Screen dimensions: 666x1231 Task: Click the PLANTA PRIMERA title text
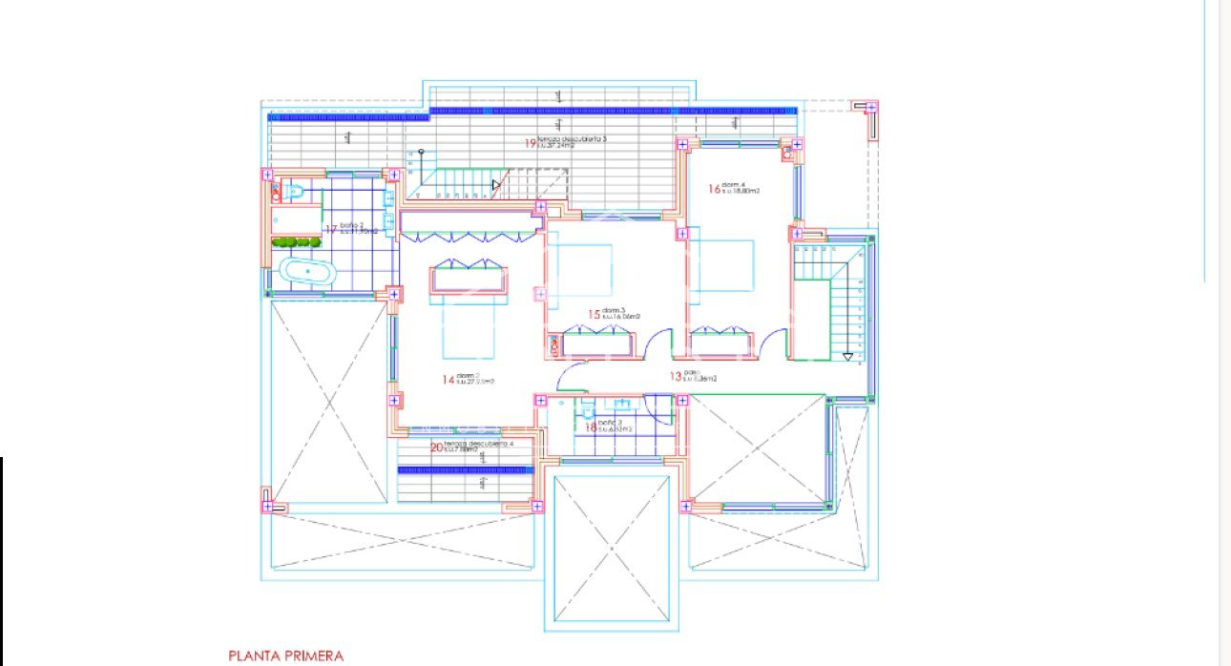coord(285,656)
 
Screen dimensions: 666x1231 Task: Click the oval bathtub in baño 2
coord(305,273)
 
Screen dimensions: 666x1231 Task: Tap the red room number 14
coord(448,380)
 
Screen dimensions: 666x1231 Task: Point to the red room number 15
coord(593,314)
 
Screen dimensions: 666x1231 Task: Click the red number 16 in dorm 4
coord(713,189)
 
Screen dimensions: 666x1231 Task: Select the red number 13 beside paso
coord(676,377)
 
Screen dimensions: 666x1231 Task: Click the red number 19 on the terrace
coord(529,143)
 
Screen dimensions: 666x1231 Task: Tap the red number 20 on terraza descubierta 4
coord(437,447)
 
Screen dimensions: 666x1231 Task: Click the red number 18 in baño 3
coord(591,428)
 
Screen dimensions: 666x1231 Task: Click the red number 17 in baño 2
coord(331,230)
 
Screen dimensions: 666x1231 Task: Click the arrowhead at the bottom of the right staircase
coord(847,357)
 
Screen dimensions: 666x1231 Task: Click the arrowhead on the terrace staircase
coord(495,185)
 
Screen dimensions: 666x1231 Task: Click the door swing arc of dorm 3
coord(659,342)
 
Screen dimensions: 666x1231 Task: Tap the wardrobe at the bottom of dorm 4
coord(720,342)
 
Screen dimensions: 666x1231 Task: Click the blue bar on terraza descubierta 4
coord(465,469)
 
